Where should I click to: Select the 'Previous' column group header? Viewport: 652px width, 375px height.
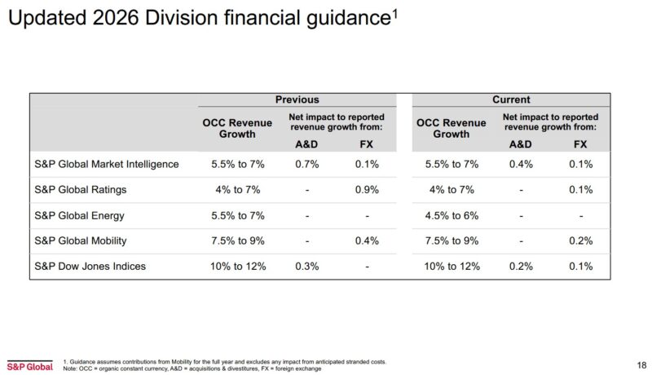[297, 99]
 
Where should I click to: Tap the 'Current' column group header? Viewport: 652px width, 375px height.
[511, 99]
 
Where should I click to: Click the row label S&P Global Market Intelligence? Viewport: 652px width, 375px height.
[107, 164]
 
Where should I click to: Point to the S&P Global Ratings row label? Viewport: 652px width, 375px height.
[81, 190]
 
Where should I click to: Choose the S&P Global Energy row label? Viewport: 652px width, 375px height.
[81, 215]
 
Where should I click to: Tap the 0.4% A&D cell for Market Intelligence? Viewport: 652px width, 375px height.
[521, 164]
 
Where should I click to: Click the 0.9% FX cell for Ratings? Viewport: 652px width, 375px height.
[368, 190]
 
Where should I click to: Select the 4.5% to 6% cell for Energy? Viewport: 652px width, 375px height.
[451, 215]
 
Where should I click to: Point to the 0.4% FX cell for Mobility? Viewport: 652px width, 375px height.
[368, 241]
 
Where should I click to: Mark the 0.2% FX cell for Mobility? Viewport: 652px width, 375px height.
[579, 241]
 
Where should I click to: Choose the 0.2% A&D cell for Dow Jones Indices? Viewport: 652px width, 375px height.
[521, 267]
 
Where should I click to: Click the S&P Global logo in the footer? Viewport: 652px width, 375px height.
[29, 365]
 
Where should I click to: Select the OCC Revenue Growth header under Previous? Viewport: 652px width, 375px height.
[237, 128]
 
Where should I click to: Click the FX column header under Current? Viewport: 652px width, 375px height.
[579, 144]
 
